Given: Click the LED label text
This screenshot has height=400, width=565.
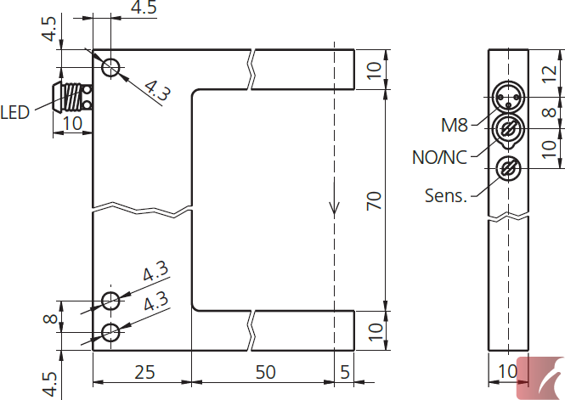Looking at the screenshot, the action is point(14,113).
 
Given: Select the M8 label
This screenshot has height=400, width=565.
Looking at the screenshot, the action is point(455,126).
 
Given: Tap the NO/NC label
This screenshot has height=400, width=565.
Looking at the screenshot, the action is point(439,157).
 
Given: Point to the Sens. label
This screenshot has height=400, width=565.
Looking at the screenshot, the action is point(446,195).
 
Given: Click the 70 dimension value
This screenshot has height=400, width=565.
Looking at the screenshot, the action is point(374,201).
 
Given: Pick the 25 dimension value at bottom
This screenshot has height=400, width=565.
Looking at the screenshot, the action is point(144,372).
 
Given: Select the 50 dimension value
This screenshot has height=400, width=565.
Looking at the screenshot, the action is point(266,372).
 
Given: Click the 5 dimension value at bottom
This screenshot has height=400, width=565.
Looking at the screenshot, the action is point(345,372).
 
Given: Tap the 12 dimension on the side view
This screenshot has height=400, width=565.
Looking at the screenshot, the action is point(550,74).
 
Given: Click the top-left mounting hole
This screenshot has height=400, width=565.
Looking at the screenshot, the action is point(110,67).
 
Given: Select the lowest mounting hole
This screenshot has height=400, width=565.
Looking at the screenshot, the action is point(110,332).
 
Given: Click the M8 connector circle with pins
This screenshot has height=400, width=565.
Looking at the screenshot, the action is point(508,97).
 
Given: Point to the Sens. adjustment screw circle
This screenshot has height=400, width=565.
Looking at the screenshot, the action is point(508,168).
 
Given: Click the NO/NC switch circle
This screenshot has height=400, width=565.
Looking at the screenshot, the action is point(508,129).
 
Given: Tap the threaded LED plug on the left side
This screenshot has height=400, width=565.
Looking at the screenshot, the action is point(72,97).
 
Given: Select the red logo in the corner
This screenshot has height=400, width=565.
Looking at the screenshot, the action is point(540,378).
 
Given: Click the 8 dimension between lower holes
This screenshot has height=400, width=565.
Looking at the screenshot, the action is point(50,318).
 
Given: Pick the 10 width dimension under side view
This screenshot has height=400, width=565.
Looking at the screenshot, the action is point(507,371).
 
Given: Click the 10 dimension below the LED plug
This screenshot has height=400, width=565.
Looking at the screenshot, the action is point(72,123).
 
